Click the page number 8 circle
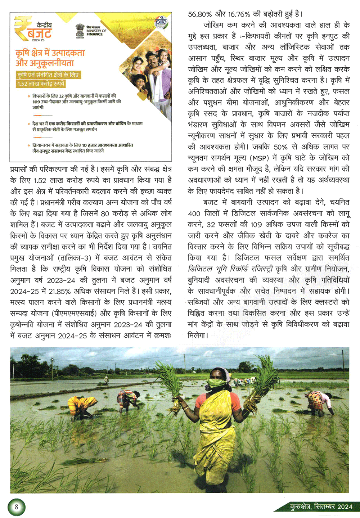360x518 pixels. [16, 507]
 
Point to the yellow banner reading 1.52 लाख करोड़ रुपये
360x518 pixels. [41, 84]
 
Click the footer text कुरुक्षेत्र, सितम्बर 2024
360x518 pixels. [321, 507]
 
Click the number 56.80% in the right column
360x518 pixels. [200, 14]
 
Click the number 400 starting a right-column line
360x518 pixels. [194, 213]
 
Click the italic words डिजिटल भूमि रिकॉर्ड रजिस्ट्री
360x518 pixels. [231, 269]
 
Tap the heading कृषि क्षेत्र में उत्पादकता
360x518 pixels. [50, 53]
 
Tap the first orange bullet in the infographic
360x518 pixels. [29, 96]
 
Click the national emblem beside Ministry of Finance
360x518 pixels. [80, 30]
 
